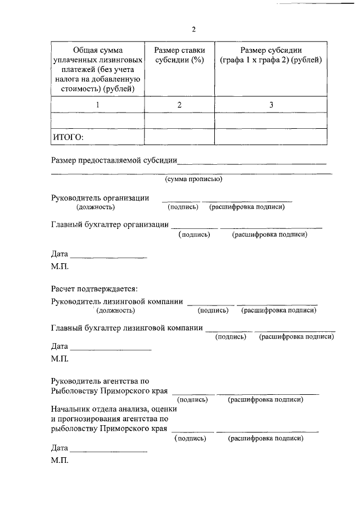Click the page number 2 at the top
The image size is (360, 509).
(x=193, y=29)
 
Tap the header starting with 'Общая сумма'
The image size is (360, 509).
(x=97, y=69)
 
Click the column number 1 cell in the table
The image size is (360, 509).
(x=98, y=105)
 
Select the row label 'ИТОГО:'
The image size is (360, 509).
(x=68, y=137)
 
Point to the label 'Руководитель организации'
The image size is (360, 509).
(x=100, y=197)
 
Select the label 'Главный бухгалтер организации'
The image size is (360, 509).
(x=110, y=224)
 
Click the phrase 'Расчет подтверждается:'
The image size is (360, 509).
(x=94, y=289)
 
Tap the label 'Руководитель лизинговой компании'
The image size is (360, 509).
(x=117, y=301)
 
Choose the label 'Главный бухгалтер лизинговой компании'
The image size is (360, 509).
(x=127, y=327)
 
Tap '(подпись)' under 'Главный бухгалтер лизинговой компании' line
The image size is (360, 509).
(x=231, y=336)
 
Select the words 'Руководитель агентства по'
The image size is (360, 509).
(x=100, y=381)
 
